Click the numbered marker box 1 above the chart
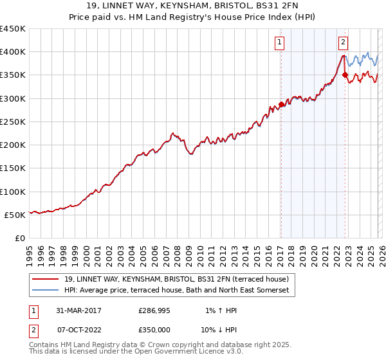[280, 43]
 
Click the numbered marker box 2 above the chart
[344, 43]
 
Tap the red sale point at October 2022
[345, 75]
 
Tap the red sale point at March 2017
[281, 104]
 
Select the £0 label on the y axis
[19, 239]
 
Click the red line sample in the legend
[46, 279]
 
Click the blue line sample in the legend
[46, 291]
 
